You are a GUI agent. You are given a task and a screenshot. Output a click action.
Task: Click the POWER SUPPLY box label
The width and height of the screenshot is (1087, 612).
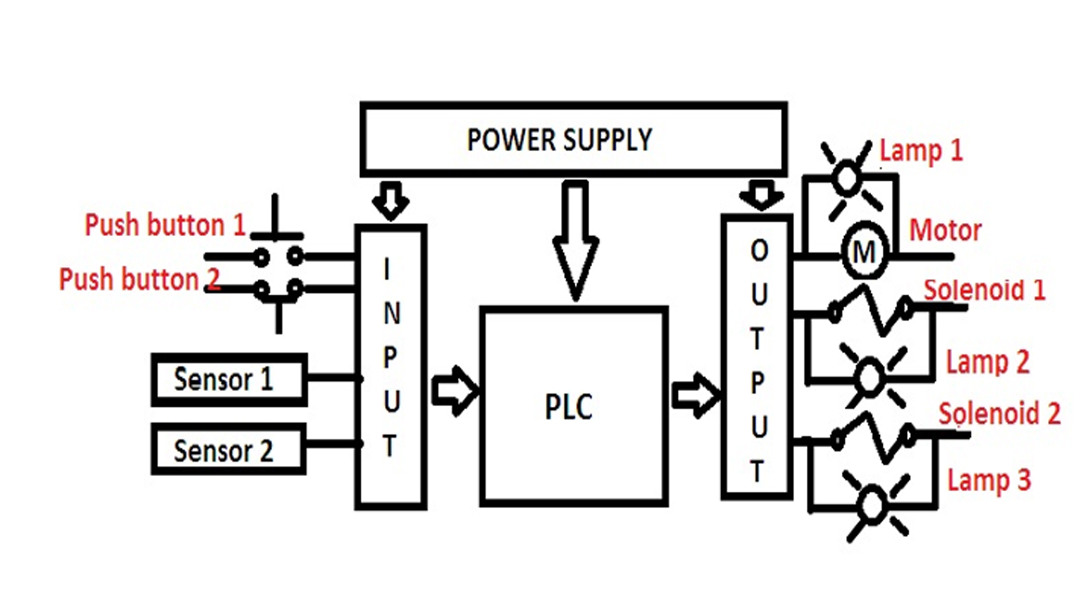[559, 139]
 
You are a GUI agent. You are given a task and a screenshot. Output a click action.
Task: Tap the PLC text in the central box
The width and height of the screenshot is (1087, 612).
[568, 406]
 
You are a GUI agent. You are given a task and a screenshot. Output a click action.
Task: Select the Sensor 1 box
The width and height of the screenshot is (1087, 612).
[229, 380]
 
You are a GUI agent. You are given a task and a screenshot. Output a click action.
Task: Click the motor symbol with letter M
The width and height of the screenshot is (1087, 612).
[864, 252]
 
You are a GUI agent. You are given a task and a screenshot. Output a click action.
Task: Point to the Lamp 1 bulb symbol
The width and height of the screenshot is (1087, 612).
[848, 177]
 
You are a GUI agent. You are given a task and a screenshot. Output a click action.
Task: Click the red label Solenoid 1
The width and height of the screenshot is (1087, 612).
[984, 290]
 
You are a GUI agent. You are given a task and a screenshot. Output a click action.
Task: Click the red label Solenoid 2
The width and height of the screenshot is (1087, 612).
[999, 414]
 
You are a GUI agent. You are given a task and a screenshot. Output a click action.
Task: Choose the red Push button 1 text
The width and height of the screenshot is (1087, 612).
[165, 225]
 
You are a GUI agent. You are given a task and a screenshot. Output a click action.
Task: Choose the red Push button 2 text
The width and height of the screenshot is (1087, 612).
[139, 279]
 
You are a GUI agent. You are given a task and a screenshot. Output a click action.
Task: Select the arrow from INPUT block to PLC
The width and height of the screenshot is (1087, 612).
[455, 391]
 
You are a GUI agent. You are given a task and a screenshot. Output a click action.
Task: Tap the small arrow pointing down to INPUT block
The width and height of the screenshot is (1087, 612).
[391, 200]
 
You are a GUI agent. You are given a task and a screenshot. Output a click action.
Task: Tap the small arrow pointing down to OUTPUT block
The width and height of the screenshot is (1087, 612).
[761, 194]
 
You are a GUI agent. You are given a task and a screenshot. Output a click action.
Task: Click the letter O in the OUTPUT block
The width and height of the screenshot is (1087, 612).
[759, 250]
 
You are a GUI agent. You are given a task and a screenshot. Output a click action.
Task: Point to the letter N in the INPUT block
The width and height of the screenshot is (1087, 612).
[391, 313]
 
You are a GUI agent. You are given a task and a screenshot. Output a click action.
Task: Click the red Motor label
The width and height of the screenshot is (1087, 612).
[945, 230]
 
